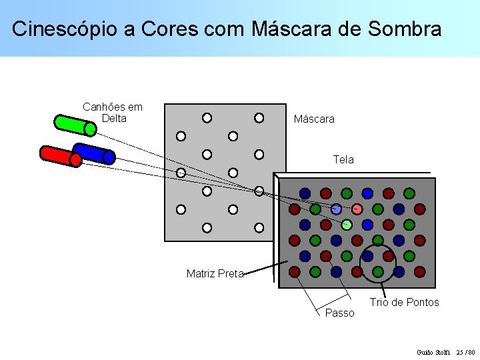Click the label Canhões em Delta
click(x=113, y=113)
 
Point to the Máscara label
click(x=314, y=119)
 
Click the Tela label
click(x=343, y=160)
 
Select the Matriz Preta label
click(x=215, y=273)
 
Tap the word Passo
click(x=339, y=313)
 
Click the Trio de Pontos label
click(x=405, y=303)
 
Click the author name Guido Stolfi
click(x=434, y=352)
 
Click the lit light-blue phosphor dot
click(x=337, y=209)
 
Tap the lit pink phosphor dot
click(x=357, y=209)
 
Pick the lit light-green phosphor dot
click(x=347, y=225)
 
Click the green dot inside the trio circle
click(x=378, y=271)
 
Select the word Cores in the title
click(x=175, y=29)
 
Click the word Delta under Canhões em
click(x=114, y=119)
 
